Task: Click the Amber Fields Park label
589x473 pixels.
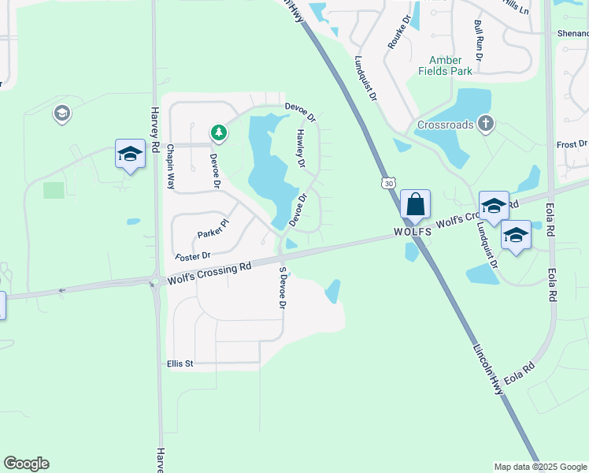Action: tap(450, 65)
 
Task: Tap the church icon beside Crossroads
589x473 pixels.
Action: tap(487, 123)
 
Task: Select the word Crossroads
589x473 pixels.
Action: tap(446, 125)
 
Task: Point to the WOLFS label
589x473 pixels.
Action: tap(413, 233)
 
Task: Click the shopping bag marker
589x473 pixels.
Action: tap(415, 205)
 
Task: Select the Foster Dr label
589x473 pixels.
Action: tap(193, 256)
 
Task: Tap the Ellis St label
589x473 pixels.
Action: tap(180, 363)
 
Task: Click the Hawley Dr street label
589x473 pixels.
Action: tap(300, 149)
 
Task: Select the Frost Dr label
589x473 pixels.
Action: tap(572, 144)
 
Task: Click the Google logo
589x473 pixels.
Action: tap(26, 464)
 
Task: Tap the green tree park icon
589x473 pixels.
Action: tap(219, 133)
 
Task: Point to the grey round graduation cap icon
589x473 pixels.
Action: tap(61, 114)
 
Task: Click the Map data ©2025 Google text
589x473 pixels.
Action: tap(539, 467)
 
